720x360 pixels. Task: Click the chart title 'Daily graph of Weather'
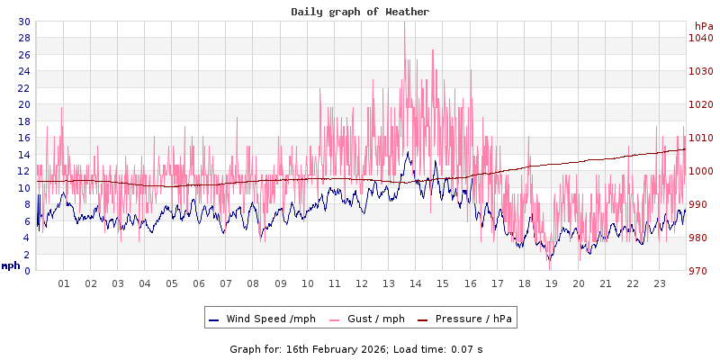pos(359,12)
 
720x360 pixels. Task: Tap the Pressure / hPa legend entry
pos(473,319)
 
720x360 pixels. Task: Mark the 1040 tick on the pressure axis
pos(701,38)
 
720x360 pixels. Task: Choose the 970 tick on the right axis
pos(701,271)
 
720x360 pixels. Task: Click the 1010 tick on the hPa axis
pos(701,138)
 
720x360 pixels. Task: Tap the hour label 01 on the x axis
pos(64,283)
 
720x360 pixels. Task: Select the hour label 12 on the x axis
pos(362,283)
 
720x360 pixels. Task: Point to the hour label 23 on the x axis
pos(660,283)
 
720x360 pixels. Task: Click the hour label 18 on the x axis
pos(525,283)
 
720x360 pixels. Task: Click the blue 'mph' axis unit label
pos(10,265)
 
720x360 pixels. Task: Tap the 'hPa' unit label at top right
pos(704,27)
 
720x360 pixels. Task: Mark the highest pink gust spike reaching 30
pos(405,24)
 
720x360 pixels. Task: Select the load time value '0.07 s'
pos(467,348)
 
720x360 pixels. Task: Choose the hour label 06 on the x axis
pos(200,283)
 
